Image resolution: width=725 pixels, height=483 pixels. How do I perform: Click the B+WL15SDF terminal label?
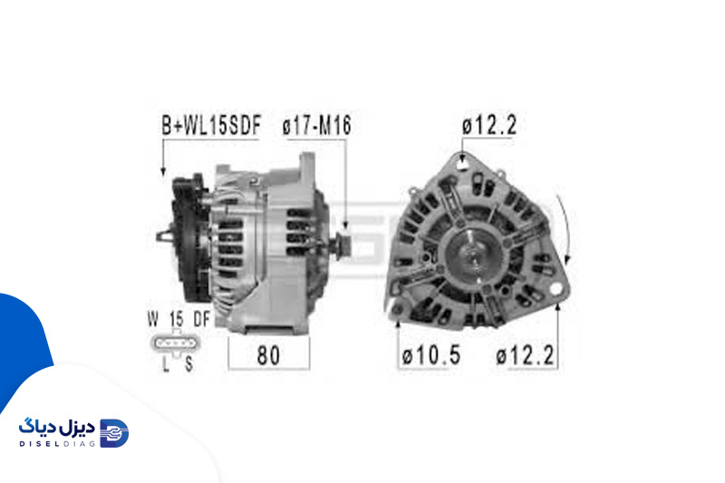pos(211,125)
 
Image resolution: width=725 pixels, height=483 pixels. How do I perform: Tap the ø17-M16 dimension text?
pos(316,125)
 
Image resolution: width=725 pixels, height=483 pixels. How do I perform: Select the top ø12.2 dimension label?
pos(489,125)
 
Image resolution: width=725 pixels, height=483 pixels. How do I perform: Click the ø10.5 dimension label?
pos(431,355)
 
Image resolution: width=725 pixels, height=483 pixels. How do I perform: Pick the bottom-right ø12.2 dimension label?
pos(525,355)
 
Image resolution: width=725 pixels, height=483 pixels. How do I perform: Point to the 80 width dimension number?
pos(268,355)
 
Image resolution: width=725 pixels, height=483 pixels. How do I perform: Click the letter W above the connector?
pos(153,319)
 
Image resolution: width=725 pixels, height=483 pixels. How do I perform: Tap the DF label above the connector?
pos(201,319)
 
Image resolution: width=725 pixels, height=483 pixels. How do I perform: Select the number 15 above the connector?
pos(176,319)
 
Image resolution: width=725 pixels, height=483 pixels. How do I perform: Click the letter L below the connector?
pos(166,364)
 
